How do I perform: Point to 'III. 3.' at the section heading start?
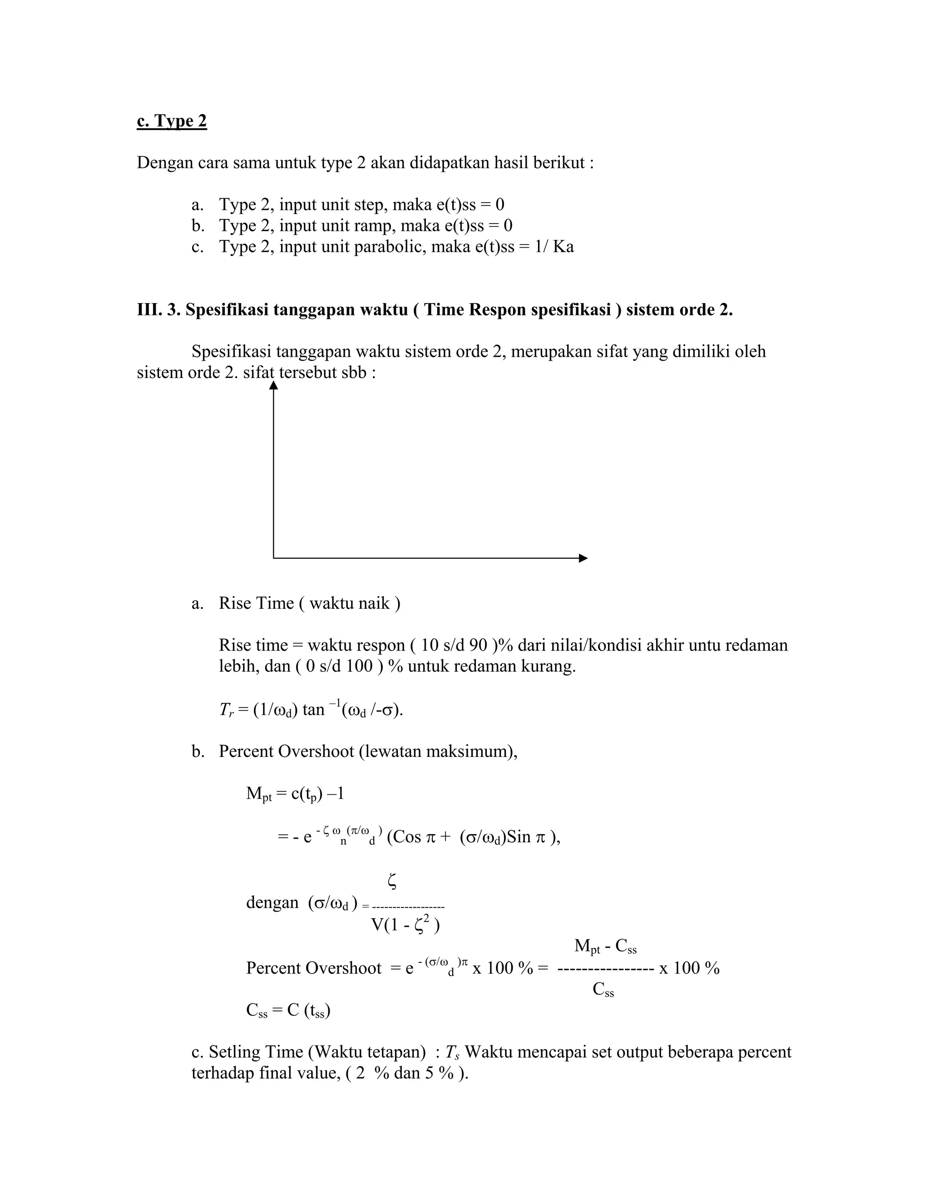pos(158,310)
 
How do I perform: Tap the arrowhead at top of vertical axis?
pos(273,385)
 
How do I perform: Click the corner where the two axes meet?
pos(274,558)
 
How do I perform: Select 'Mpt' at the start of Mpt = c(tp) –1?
pos(258,794)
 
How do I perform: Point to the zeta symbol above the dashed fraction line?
pos(392,881)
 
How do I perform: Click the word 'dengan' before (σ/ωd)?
pos(272,902)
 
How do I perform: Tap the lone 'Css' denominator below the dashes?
pos(604,990)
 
